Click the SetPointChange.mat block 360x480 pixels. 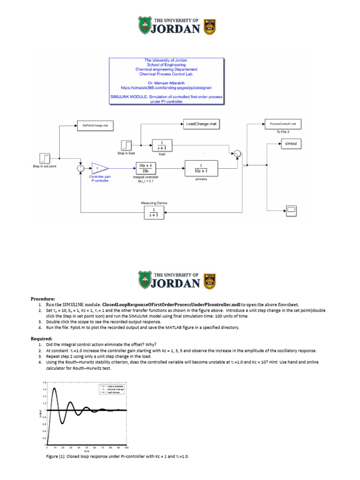tap(95, 126)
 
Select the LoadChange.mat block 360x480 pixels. tap(200, 124)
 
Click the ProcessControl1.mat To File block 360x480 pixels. tap(283, 124)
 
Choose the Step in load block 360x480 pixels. tap(127, 145)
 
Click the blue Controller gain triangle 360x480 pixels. tap(99, 168)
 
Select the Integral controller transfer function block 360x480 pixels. tap(145, 168)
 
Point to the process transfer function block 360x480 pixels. tap(201, 168)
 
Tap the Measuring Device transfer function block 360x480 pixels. tap(154, 212)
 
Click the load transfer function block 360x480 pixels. tap(162, 145)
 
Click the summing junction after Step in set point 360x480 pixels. tap(80, 168)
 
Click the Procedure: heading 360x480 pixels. tap(43, 299)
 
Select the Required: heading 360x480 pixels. tap(42, 338)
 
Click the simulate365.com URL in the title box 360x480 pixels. tap(166, 87)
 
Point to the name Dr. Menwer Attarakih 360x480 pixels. tap(166, 82)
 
